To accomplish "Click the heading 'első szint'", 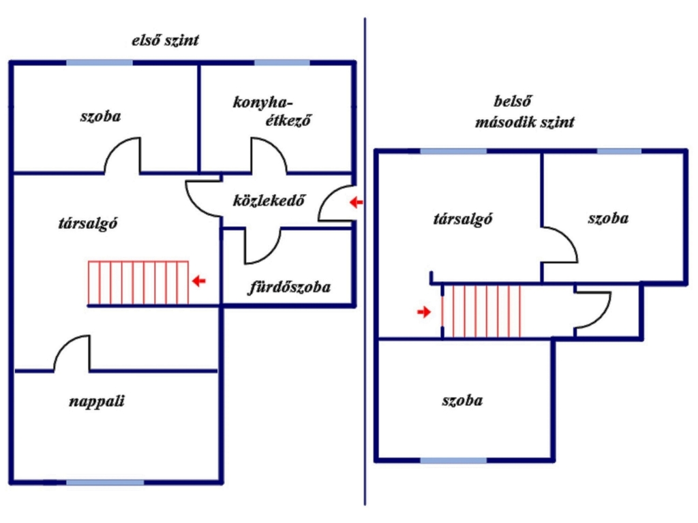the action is tap(165, 40).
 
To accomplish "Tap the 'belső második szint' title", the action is tap(524, 112).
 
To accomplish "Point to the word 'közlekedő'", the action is tap(269, 201).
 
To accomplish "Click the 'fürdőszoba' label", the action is tap(289, 287).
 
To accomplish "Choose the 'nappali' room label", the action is tap(97, 401).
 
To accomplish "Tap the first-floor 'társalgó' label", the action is tap(88, 223).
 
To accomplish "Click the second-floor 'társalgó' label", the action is tap(463, 219).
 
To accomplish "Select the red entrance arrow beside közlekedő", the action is tap(356, 203).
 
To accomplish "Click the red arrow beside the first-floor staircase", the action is tap(198, 281).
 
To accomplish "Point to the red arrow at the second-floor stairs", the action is tap(424, 312).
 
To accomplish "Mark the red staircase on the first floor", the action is tap(138, 283).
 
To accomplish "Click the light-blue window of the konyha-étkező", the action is tap(282, 63).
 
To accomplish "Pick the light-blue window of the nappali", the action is tap(105, 483).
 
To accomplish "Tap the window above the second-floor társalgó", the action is tap(453, 151).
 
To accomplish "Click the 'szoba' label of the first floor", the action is tap(101, 116).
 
